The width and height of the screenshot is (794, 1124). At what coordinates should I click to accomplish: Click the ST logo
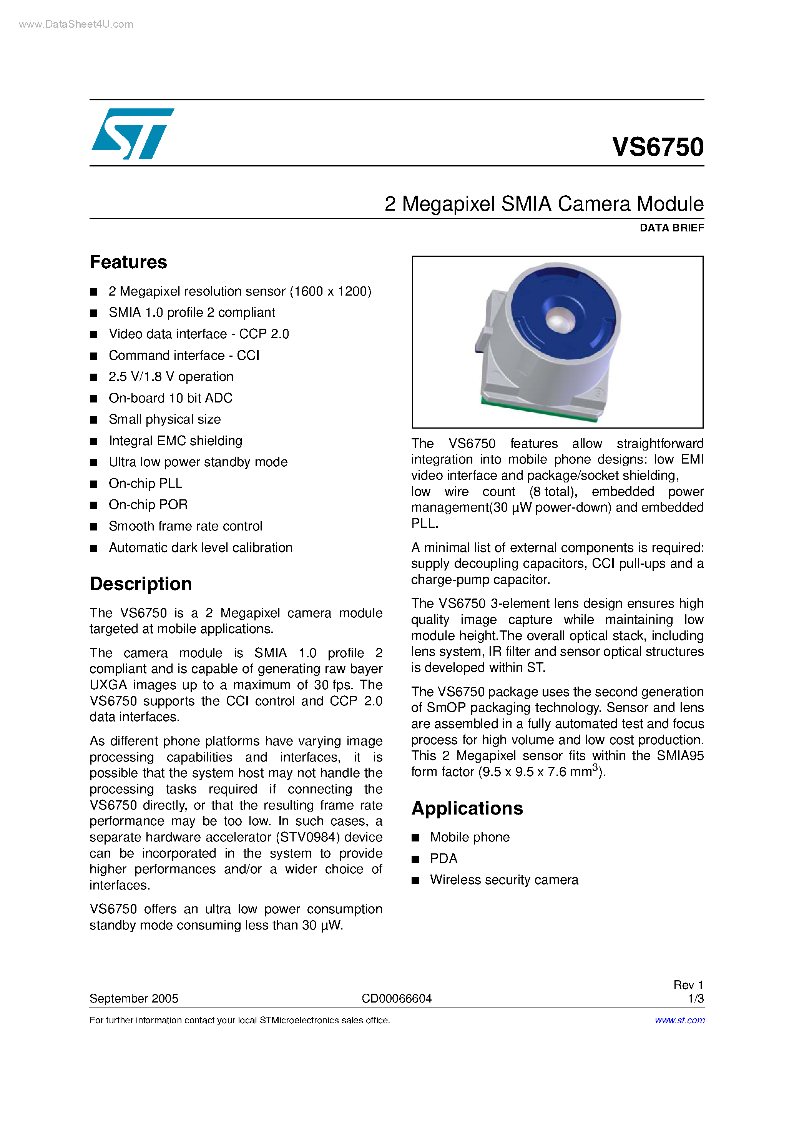click(132, 134)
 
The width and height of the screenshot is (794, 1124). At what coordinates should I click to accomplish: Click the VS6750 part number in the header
click(658, 147)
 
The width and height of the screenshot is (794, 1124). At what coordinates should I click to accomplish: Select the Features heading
click(128, 263)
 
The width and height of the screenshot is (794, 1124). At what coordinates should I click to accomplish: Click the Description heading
click(141, 584)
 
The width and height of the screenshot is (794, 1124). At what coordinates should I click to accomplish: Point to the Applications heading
click(467, 808)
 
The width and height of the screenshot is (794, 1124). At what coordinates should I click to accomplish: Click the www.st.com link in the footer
click(679, 1020)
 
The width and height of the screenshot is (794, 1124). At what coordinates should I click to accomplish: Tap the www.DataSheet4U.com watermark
click(76, 24)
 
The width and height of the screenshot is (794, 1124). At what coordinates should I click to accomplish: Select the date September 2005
click(134, 999)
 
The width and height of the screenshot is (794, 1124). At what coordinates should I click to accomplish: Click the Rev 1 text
click(688, 985)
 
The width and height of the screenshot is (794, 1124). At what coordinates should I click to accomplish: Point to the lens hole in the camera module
click(559, 321)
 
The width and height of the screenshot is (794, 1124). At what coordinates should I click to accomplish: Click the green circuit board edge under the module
click(538, 411)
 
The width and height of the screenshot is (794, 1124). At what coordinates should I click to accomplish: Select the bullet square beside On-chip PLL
click(93, 484)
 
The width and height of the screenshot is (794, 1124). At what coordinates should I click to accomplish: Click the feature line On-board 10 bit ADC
click(170, 398)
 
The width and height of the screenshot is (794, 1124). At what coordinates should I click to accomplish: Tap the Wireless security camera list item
click(504, 880)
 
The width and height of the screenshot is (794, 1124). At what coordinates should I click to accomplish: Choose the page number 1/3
click(695, 999)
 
